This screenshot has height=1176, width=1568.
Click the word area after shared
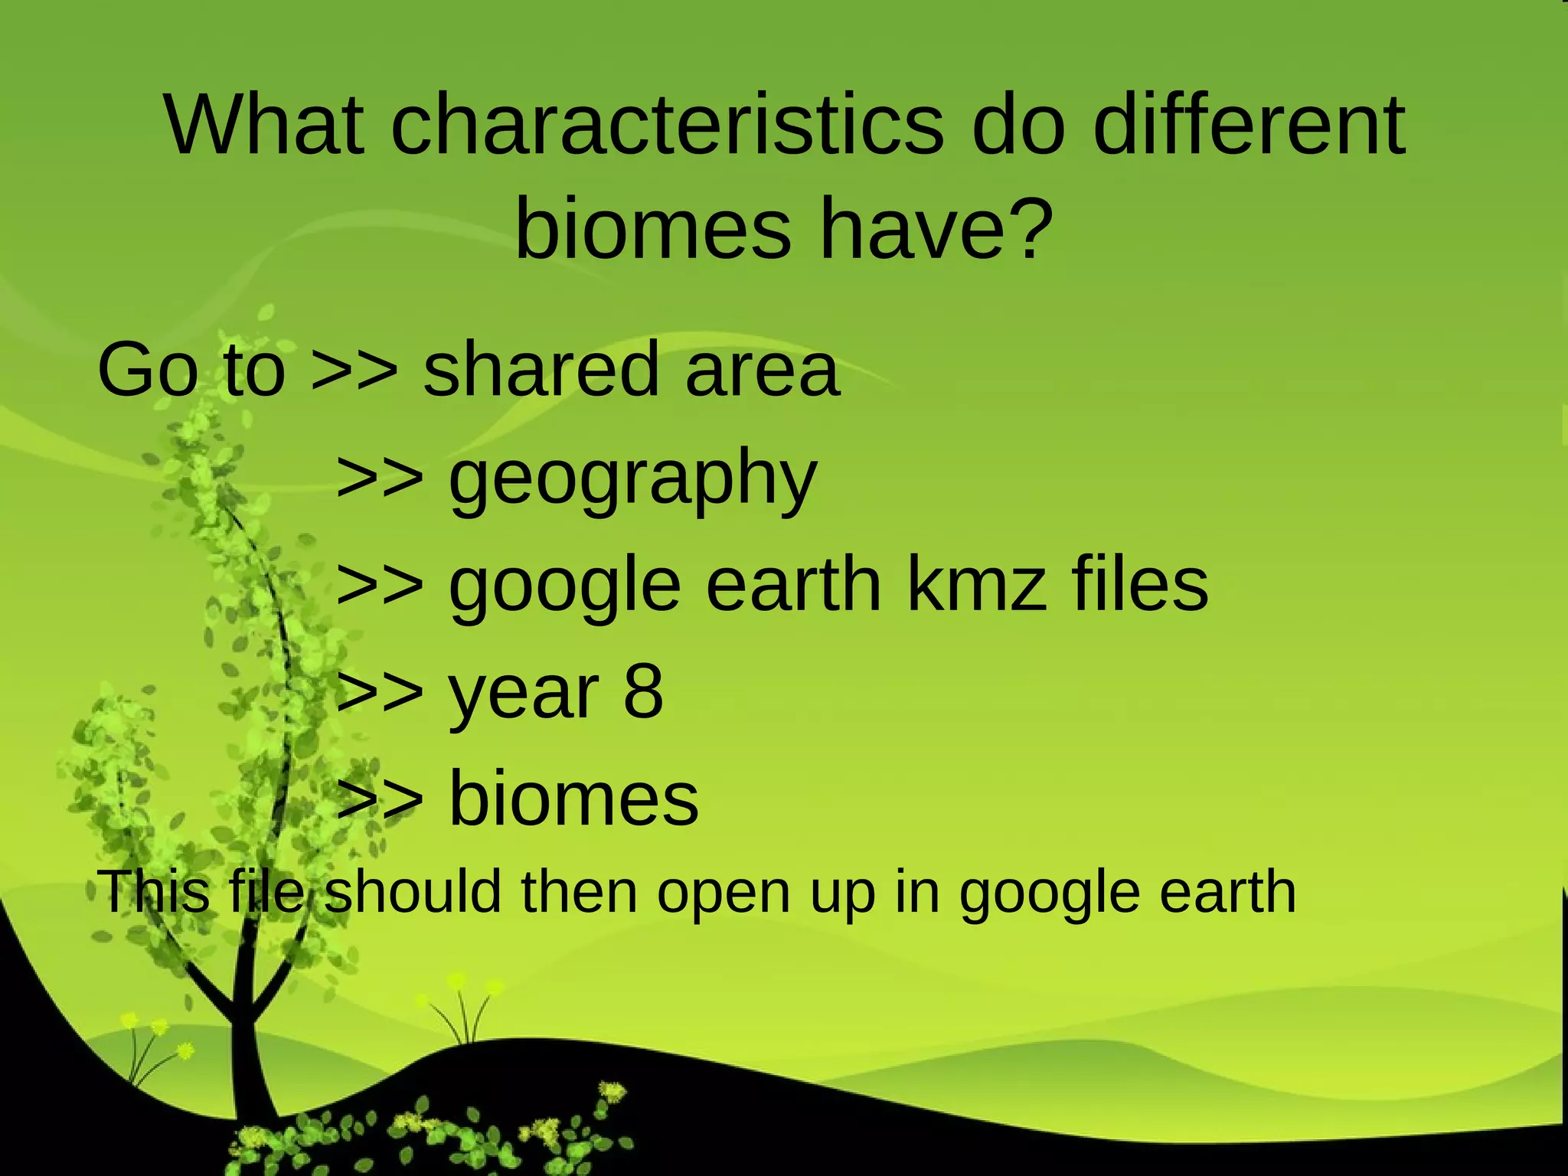(763, 372)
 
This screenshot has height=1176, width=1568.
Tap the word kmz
(976, 586)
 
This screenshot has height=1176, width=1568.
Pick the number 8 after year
(643, 692)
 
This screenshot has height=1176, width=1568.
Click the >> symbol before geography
(380, 478)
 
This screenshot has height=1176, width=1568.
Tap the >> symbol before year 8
(380, 692)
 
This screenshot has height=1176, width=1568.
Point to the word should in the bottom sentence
(413, 892)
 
